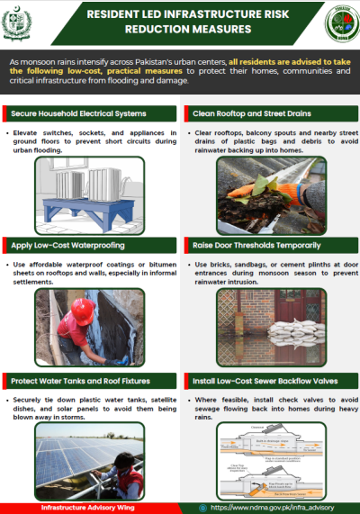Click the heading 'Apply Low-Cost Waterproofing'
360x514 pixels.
pyautogui.click(x=67, y=245)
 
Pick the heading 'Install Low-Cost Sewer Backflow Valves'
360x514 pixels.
pyautogui.click(x=266, y=381)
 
